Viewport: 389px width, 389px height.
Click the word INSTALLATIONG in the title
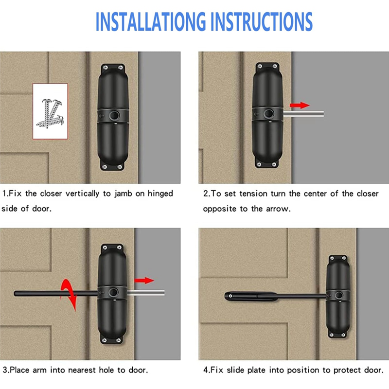point(152,22)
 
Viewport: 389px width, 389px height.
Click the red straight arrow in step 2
point(299,105)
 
